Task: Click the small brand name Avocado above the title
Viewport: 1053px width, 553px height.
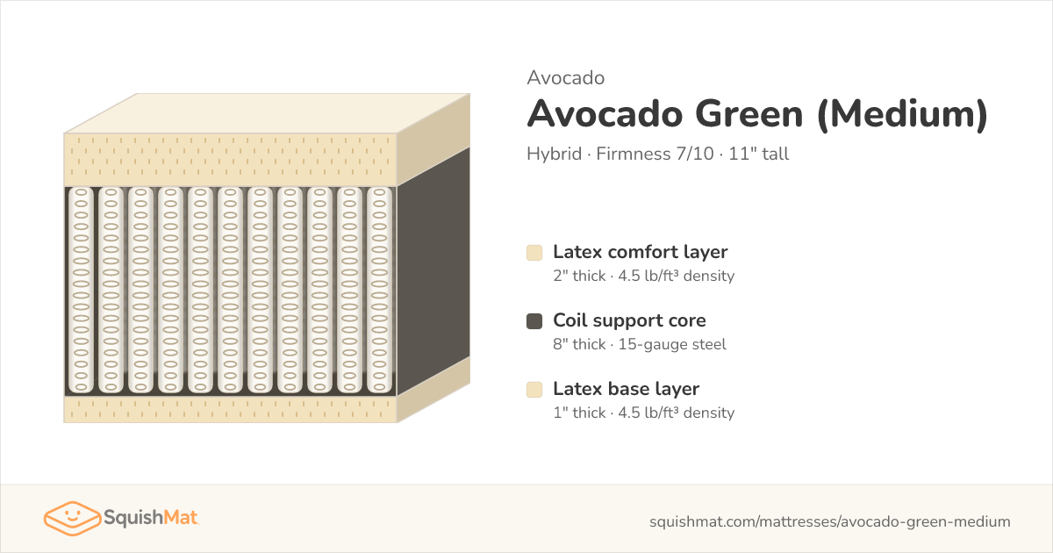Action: coord(565,78)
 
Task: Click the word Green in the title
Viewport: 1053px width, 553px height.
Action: coord(749,114)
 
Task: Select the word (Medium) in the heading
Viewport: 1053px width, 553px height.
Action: coord(903,115)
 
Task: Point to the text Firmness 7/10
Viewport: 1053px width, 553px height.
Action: coord(655,154)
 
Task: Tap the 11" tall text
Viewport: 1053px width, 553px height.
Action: coord(759,154)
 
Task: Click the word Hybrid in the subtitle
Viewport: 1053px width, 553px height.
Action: coord(555,154)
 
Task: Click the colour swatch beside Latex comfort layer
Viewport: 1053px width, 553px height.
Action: coord(534,253)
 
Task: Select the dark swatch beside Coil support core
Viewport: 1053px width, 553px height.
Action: coord(534,321)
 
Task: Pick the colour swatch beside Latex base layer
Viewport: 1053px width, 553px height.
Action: coord(534,390)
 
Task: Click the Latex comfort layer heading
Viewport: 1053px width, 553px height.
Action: coord(641,252)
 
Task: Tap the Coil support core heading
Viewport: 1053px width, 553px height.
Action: coord(629,320)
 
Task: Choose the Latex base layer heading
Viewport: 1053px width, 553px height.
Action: coord(627,389)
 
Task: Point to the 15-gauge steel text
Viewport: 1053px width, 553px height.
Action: coord(672,344)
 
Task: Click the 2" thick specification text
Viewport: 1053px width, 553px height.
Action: coord(579,276)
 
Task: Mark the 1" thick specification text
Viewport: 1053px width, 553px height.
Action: coord(579,413)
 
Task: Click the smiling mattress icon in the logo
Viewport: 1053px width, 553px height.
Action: coord(72,518)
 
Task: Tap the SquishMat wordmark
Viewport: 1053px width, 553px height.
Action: coord(150,518)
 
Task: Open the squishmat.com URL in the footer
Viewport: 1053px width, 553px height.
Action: coord(830,521)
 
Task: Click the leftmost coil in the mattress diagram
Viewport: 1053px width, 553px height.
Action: coord(81,291)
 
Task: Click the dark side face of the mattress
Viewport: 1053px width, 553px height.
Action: coord(433,271)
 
